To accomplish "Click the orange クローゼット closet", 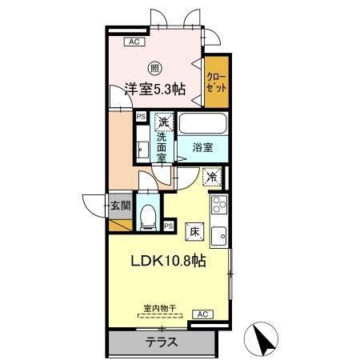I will (216, 82).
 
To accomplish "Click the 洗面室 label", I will (162, 147).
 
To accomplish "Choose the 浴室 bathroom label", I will (203, 147).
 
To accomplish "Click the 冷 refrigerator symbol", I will (212, 177).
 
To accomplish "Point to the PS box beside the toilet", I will (169, 226).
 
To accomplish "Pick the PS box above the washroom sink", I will (141, 117).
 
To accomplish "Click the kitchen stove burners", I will (218, 209).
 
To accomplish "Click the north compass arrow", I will (262, 340).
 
